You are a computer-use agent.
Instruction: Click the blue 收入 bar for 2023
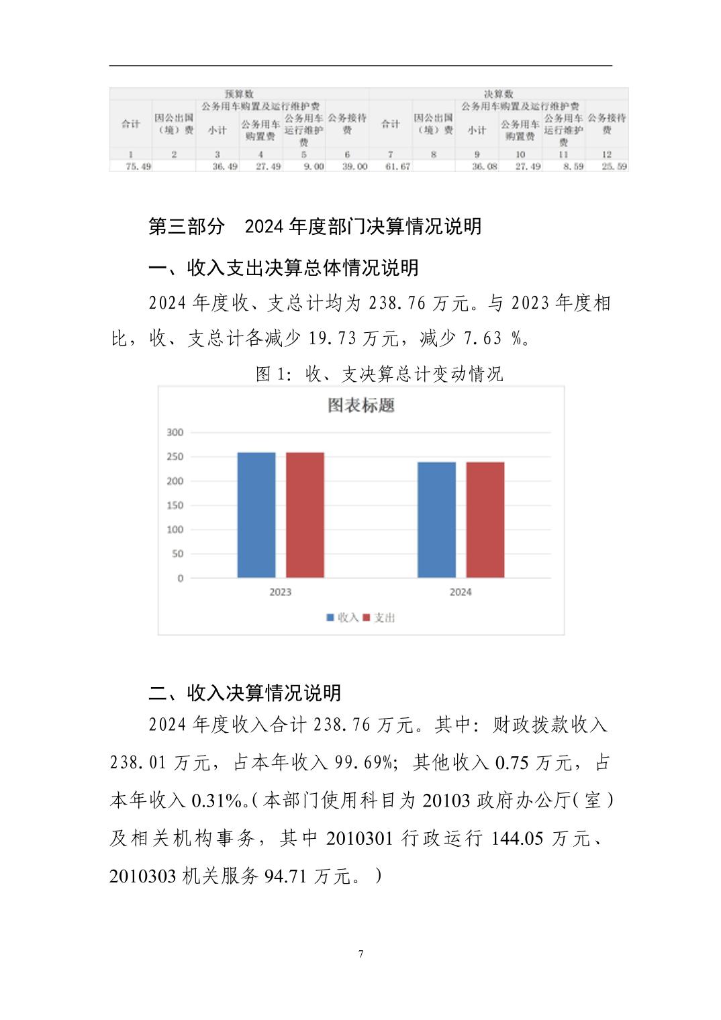(256, 515)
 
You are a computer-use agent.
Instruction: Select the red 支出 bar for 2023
(305, 515)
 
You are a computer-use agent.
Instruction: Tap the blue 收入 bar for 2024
(436, 519)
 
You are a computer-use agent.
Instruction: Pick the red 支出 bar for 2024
(485, 519)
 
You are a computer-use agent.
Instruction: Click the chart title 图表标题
(361, 405)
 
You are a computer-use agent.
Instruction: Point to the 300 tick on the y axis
(175, 432)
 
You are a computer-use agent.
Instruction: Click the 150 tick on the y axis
(175, 505)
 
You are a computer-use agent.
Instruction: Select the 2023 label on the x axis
(280, 592)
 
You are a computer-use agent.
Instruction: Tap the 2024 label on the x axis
(460, 592)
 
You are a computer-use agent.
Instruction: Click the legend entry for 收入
(343, 617)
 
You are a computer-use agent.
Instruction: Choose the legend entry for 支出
(379, 617)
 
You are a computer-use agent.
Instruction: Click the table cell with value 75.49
(138, 166)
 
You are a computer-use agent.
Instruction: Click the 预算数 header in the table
(239, 94)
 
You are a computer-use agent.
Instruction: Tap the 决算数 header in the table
(498, 94)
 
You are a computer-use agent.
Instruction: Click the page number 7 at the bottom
(360, 954)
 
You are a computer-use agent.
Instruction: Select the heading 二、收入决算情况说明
(245, 693)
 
